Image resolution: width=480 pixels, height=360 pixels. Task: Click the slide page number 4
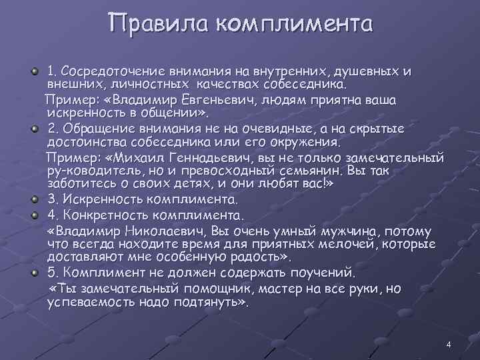[x=449, y=345]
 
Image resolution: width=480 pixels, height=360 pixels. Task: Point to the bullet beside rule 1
[x=35, y=71]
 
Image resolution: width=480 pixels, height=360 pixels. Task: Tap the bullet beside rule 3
[x=35, y=199]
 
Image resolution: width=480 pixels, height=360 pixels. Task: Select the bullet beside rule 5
[x=35, y=273]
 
